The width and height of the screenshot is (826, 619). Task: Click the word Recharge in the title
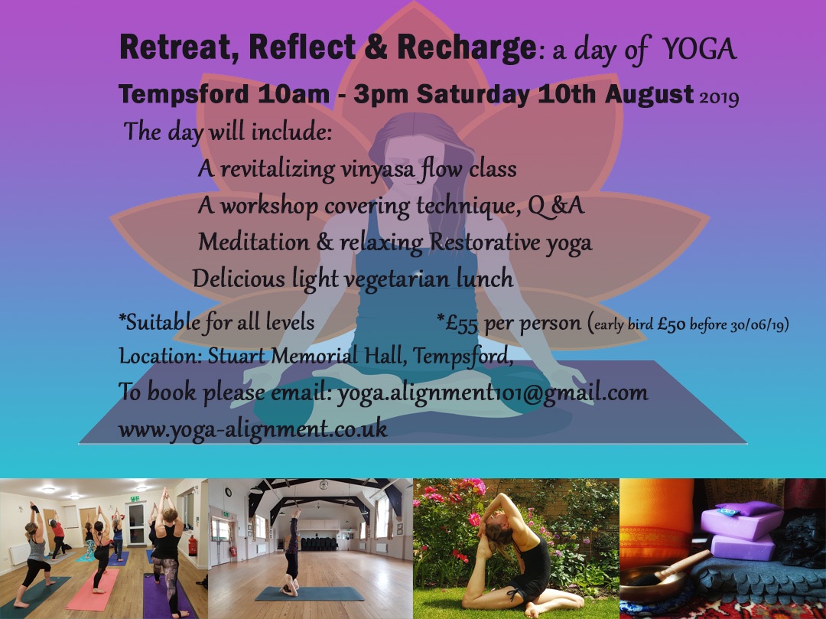[x=467, y=48]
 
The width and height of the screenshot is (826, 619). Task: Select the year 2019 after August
[x=719, y=97]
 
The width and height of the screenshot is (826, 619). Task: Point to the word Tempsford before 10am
[x=184, y=95]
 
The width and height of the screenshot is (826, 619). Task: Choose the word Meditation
[x=254, y=242]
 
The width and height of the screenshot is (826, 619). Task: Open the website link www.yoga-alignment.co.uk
[x=253, y=428]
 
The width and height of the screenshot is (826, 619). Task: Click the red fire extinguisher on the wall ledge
[x=193, y=546]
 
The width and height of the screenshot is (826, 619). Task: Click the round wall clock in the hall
[x=228, y=492]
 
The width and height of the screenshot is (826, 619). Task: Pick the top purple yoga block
[x=742, y=523]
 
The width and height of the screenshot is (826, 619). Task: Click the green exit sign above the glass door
[x=135, y=498]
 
